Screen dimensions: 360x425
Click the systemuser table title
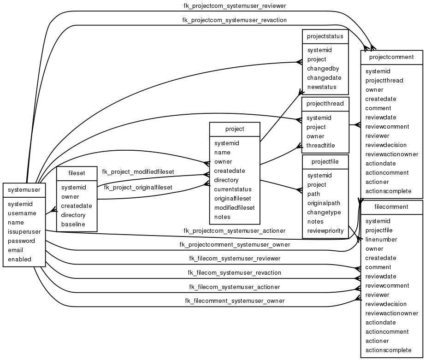click(x=24, y=189)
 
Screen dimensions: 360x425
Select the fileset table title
click(x=77, y=173)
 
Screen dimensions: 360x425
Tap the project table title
click(x=235, y=129)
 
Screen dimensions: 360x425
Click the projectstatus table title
click(x=325, y=36)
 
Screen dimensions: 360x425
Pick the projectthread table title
click(x=325, y=104)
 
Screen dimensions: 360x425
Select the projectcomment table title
click(x=392, y=57)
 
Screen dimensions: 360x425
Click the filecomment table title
click(x=392, y=207)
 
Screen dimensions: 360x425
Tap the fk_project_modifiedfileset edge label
click(x=138, y=171)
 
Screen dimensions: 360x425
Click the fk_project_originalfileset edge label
click(x=138, y=187)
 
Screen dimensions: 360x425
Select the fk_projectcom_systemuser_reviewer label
click(x=234, y=6)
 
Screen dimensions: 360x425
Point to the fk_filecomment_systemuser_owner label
click(x=234, y=301)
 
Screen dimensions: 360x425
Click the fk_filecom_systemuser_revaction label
click(x=234, y=272)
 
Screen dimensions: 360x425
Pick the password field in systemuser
click(x=21, y=241)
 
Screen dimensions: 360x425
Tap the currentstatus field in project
click(x=233, y=189)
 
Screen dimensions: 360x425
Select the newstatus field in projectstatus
click(x=322, y=87)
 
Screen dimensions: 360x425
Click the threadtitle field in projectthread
click(x=321, y=145)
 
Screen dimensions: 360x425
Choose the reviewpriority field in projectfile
click(x=326, y=230)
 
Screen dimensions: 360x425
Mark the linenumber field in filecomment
click(x=381, y=239)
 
